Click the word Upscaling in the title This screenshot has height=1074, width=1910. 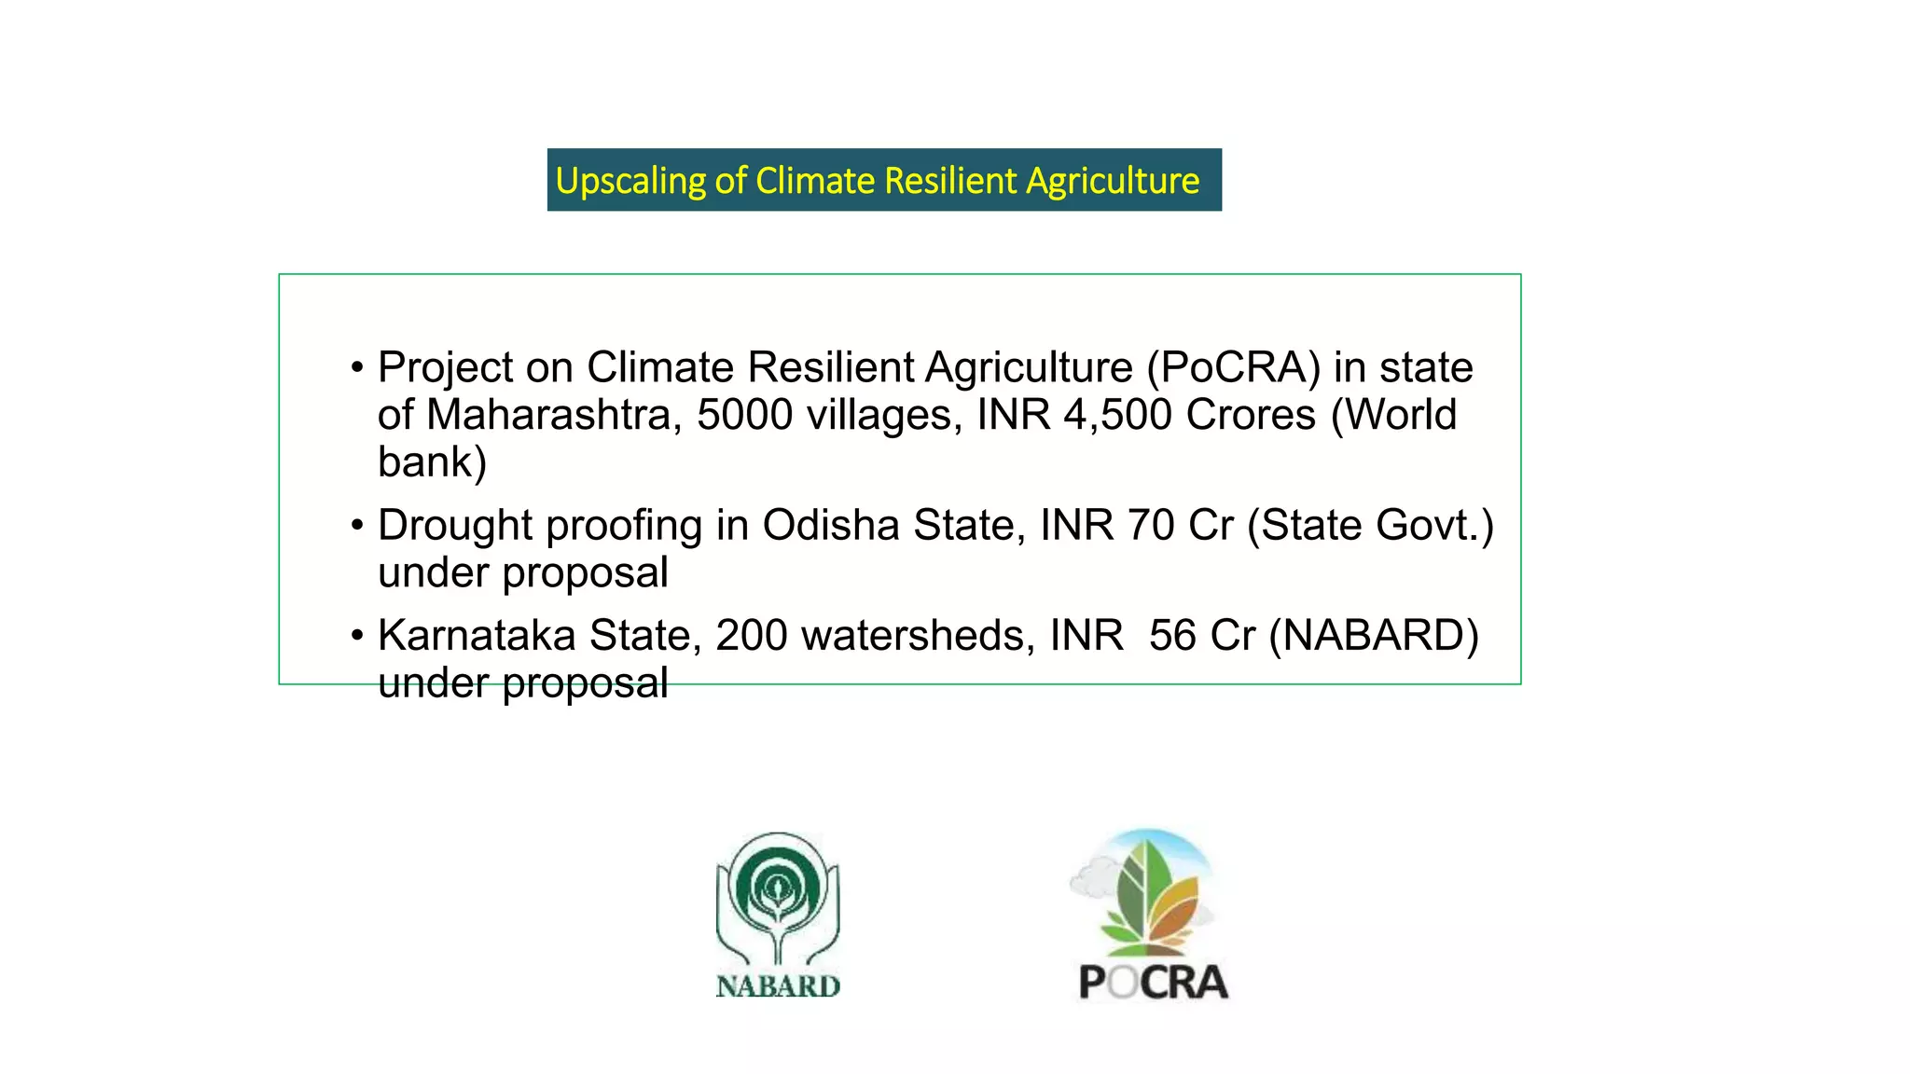click(630, 181)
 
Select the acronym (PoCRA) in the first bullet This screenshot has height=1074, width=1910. click(1234, 368)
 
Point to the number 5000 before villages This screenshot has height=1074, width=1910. click(744, 415)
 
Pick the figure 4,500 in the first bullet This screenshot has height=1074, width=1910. click(1116, 415)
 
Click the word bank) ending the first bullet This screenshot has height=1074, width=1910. click(432, 462)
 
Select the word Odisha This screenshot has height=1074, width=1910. click(831, 526)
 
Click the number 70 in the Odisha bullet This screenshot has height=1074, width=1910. click(1150, 526)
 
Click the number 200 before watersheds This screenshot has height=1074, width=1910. click(751, 636)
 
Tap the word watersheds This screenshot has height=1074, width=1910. click(918, 636)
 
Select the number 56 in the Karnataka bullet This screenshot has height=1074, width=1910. click(1171, 636)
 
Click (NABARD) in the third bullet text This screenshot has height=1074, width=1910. click(1373, 636)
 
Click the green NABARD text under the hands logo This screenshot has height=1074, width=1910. click(778, 986)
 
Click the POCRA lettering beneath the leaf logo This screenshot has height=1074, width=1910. click(1153, 983)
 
